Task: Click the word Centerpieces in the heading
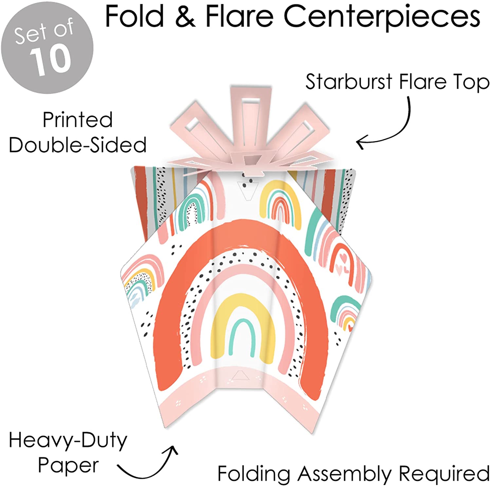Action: [382, 17]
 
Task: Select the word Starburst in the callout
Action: [348, 82]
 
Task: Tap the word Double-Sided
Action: [78, 145]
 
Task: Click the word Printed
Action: [78, 120]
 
